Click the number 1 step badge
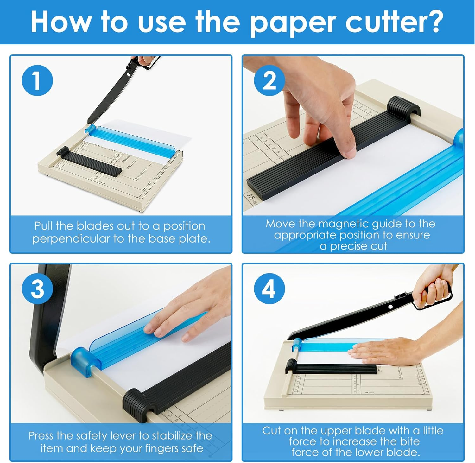pos(37,80)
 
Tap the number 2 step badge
pos(269,80)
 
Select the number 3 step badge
pos(37,289)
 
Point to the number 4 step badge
pos(269,289)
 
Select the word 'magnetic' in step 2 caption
pos(343,224)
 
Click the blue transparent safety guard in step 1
pos(133,139)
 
